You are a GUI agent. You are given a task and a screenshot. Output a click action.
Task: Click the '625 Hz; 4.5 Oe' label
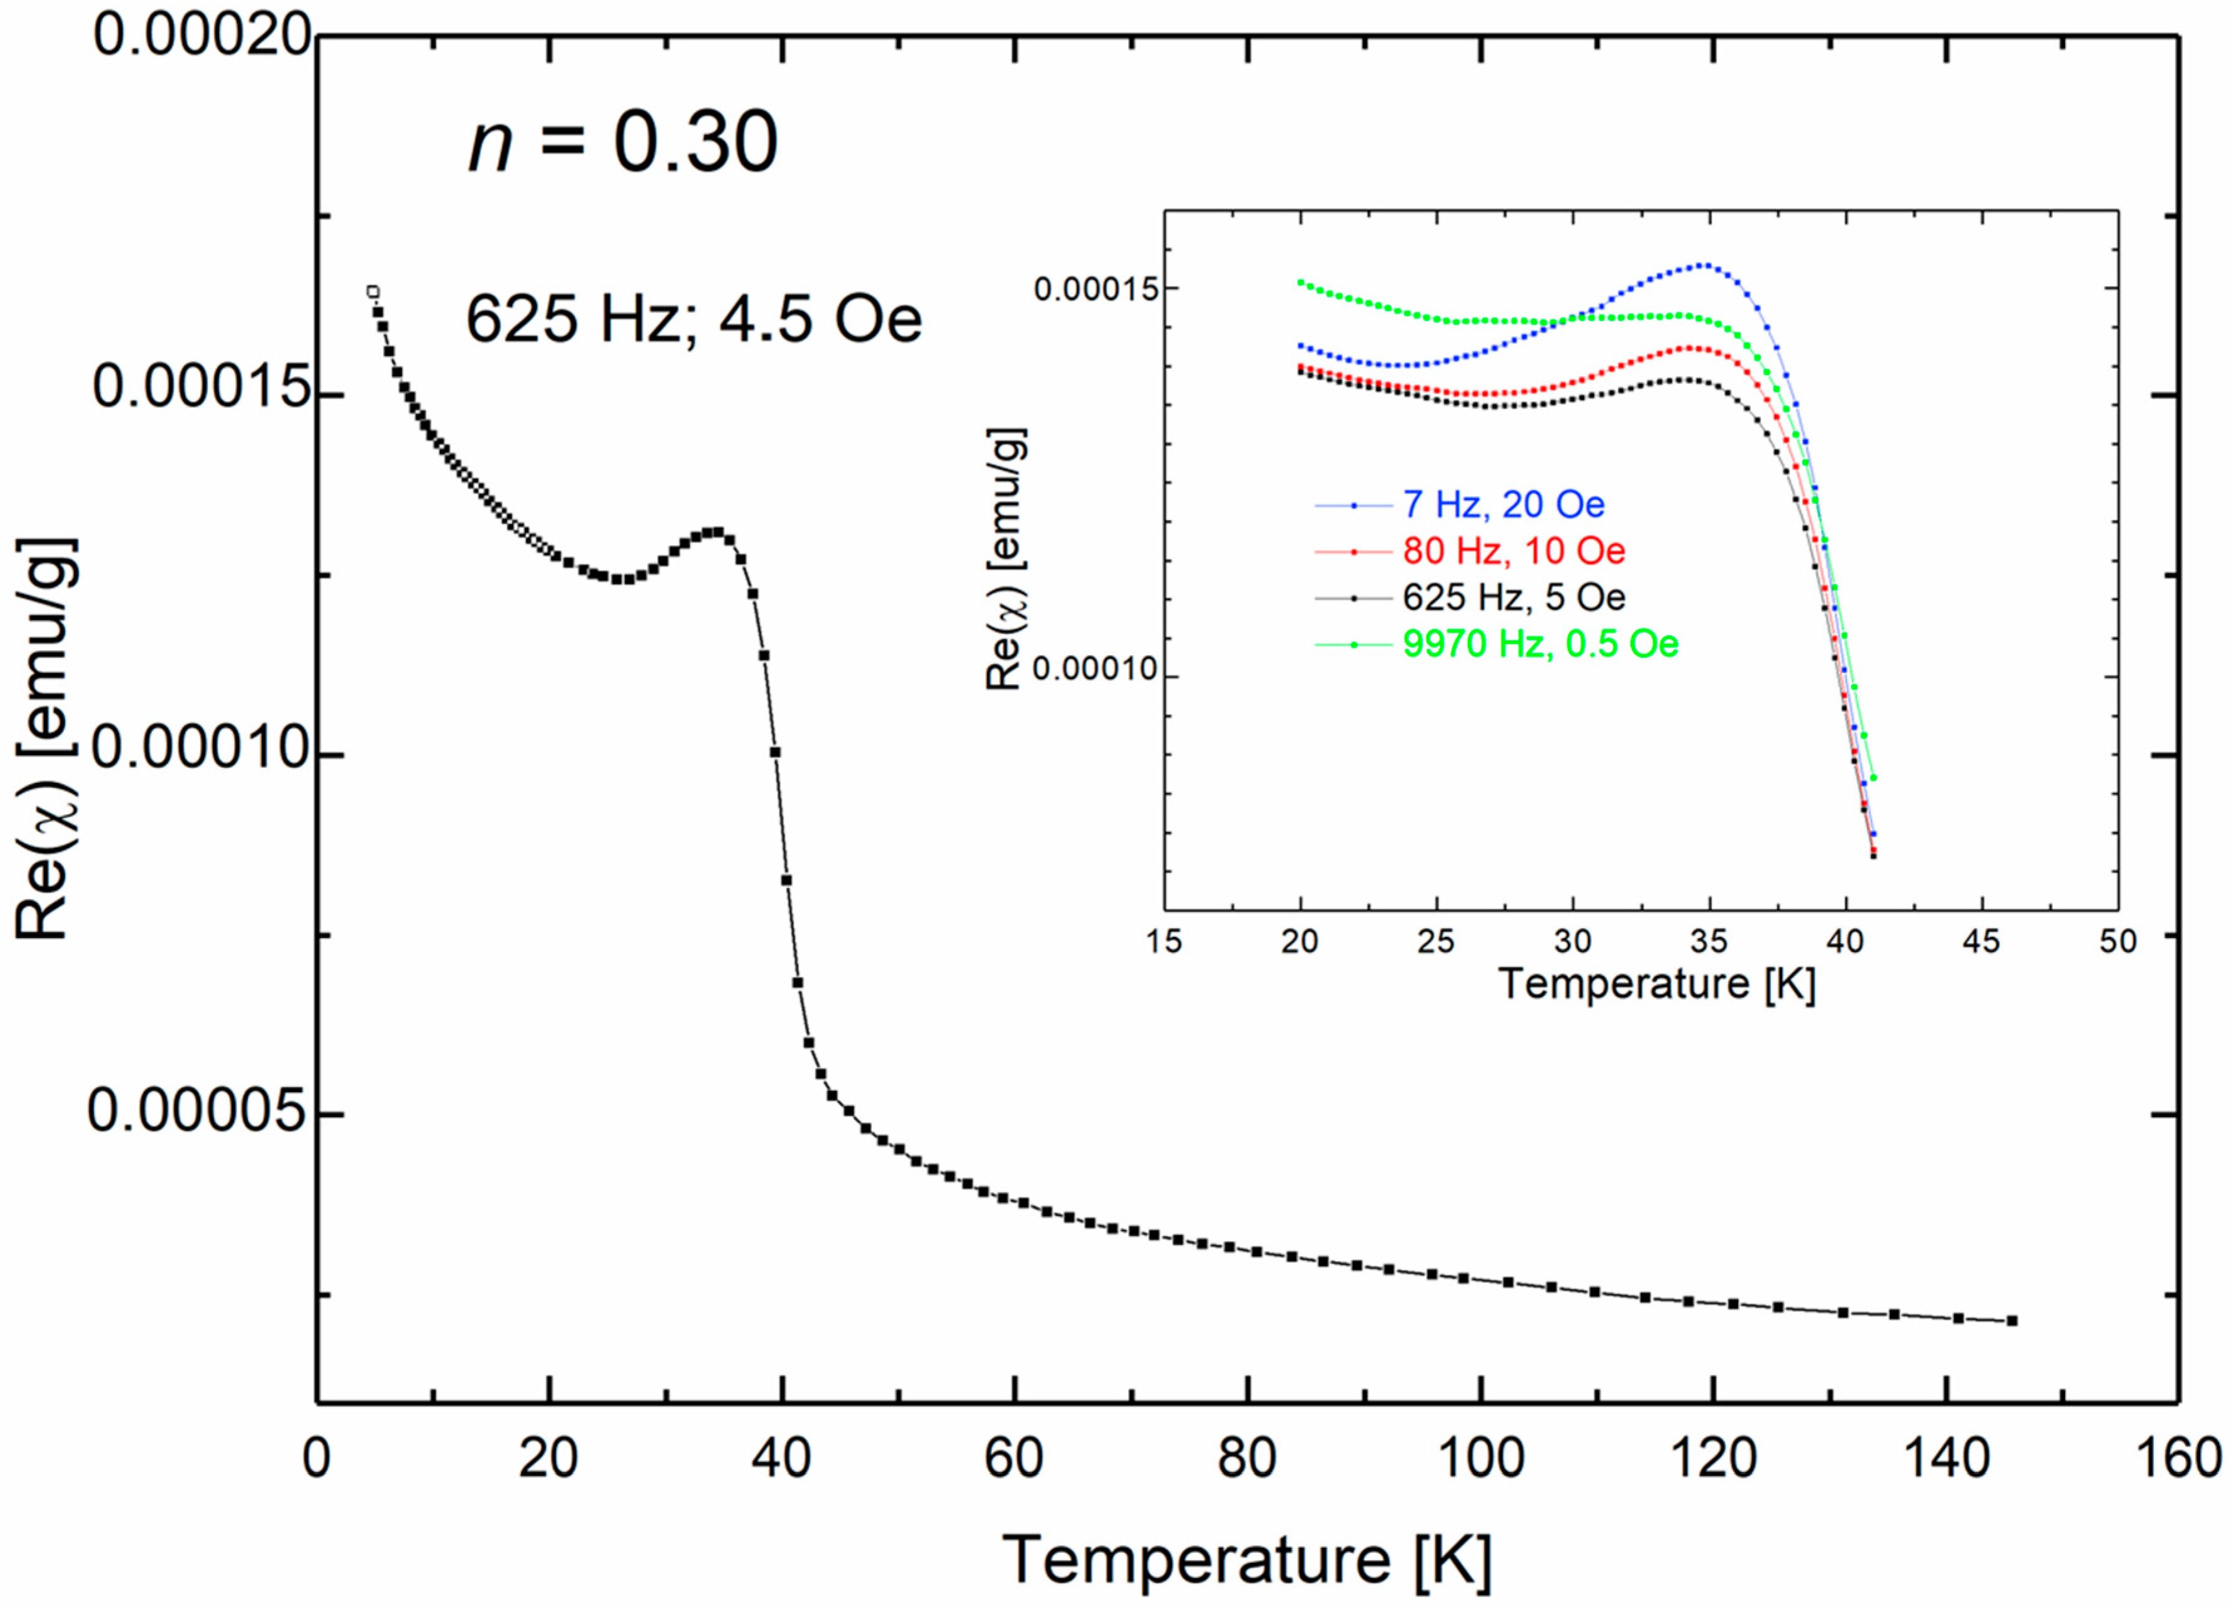(x=694, y=320)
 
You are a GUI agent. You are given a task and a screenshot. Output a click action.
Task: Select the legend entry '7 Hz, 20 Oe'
(x=1503, y=504)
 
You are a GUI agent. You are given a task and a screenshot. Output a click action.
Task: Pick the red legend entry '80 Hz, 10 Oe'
(x=1514, y=551)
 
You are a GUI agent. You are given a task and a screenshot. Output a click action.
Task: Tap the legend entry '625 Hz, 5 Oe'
(x=1514, y=597)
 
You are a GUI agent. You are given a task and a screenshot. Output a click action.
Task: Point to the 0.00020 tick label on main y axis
(x=202, y=36)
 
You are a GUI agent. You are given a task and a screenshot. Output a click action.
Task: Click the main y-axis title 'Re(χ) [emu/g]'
(x=44, y=738)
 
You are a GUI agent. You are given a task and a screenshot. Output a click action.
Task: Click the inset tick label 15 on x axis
(x=1165, y=941)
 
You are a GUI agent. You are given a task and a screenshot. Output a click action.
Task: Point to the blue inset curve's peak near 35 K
(x=1709, y=265)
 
